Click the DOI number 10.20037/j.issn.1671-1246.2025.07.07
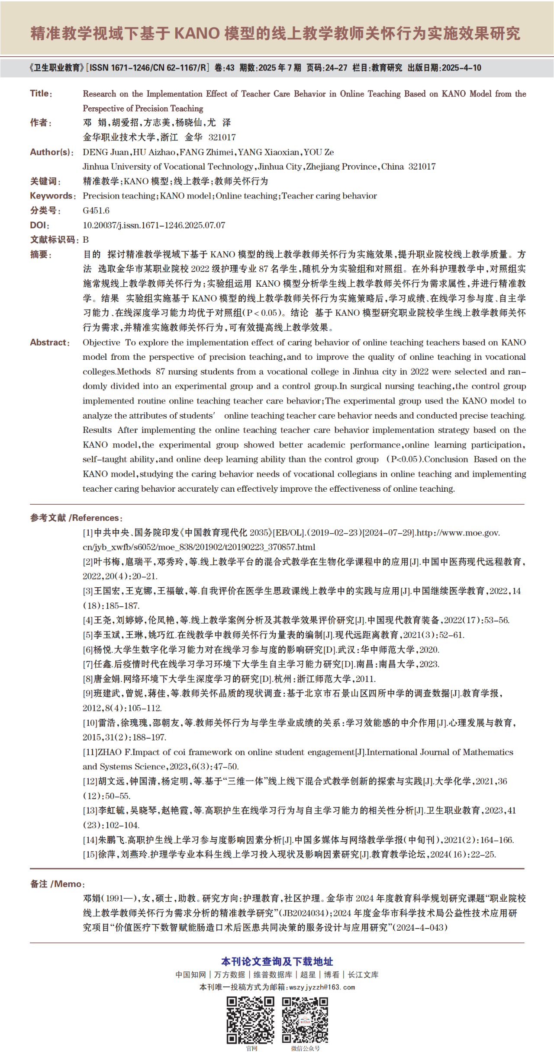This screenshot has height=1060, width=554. pyautogui.click(x=154, y=225)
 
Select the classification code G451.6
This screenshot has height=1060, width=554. pyautogui.click(x=96, y=211)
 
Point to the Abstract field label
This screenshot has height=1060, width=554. pyautogui.click(x=49, y=343)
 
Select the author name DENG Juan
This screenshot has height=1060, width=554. pyautogui.click(x=106, y=152)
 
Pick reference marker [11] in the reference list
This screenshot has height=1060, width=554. pyautogui.click(x=90, y=752)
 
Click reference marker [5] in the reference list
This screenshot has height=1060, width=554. pyautogui.click(x=88, y=635)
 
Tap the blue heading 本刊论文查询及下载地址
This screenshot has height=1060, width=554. pyautogui.click(x=277, y=961)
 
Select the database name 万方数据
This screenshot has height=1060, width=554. pyautogui.click(x=229, y=975)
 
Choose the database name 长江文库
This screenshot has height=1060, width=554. pyautogui.click(x=363, y=975)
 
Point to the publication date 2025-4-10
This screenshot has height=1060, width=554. pyautogui.click(x=461, y=68)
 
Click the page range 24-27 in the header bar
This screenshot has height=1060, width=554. pyautogui.click(x=336, y=68)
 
